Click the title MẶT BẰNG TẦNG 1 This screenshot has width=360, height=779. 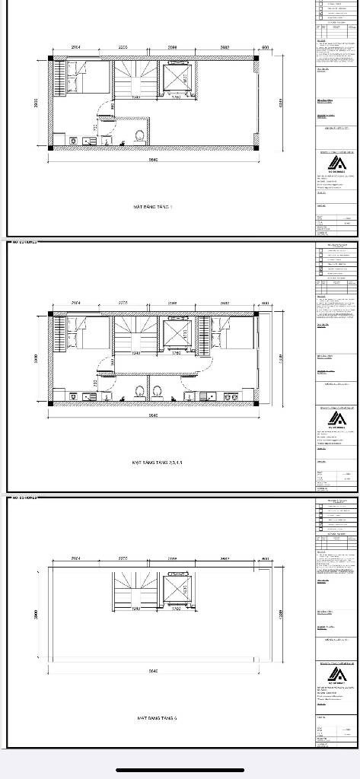point(153,205)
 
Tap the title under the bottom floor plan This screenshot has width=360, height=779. point(158,717)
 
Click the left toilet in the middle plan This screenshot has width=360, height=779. point(139,392)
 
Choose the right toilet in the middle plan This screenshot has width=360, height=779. point(159,392)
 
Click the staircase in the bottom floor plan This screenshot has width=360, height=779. point(127,589)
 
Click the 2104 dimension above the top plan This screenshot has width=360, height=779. point(76,47)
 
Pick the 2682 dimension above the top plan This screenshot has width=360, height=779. point(225,47)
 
